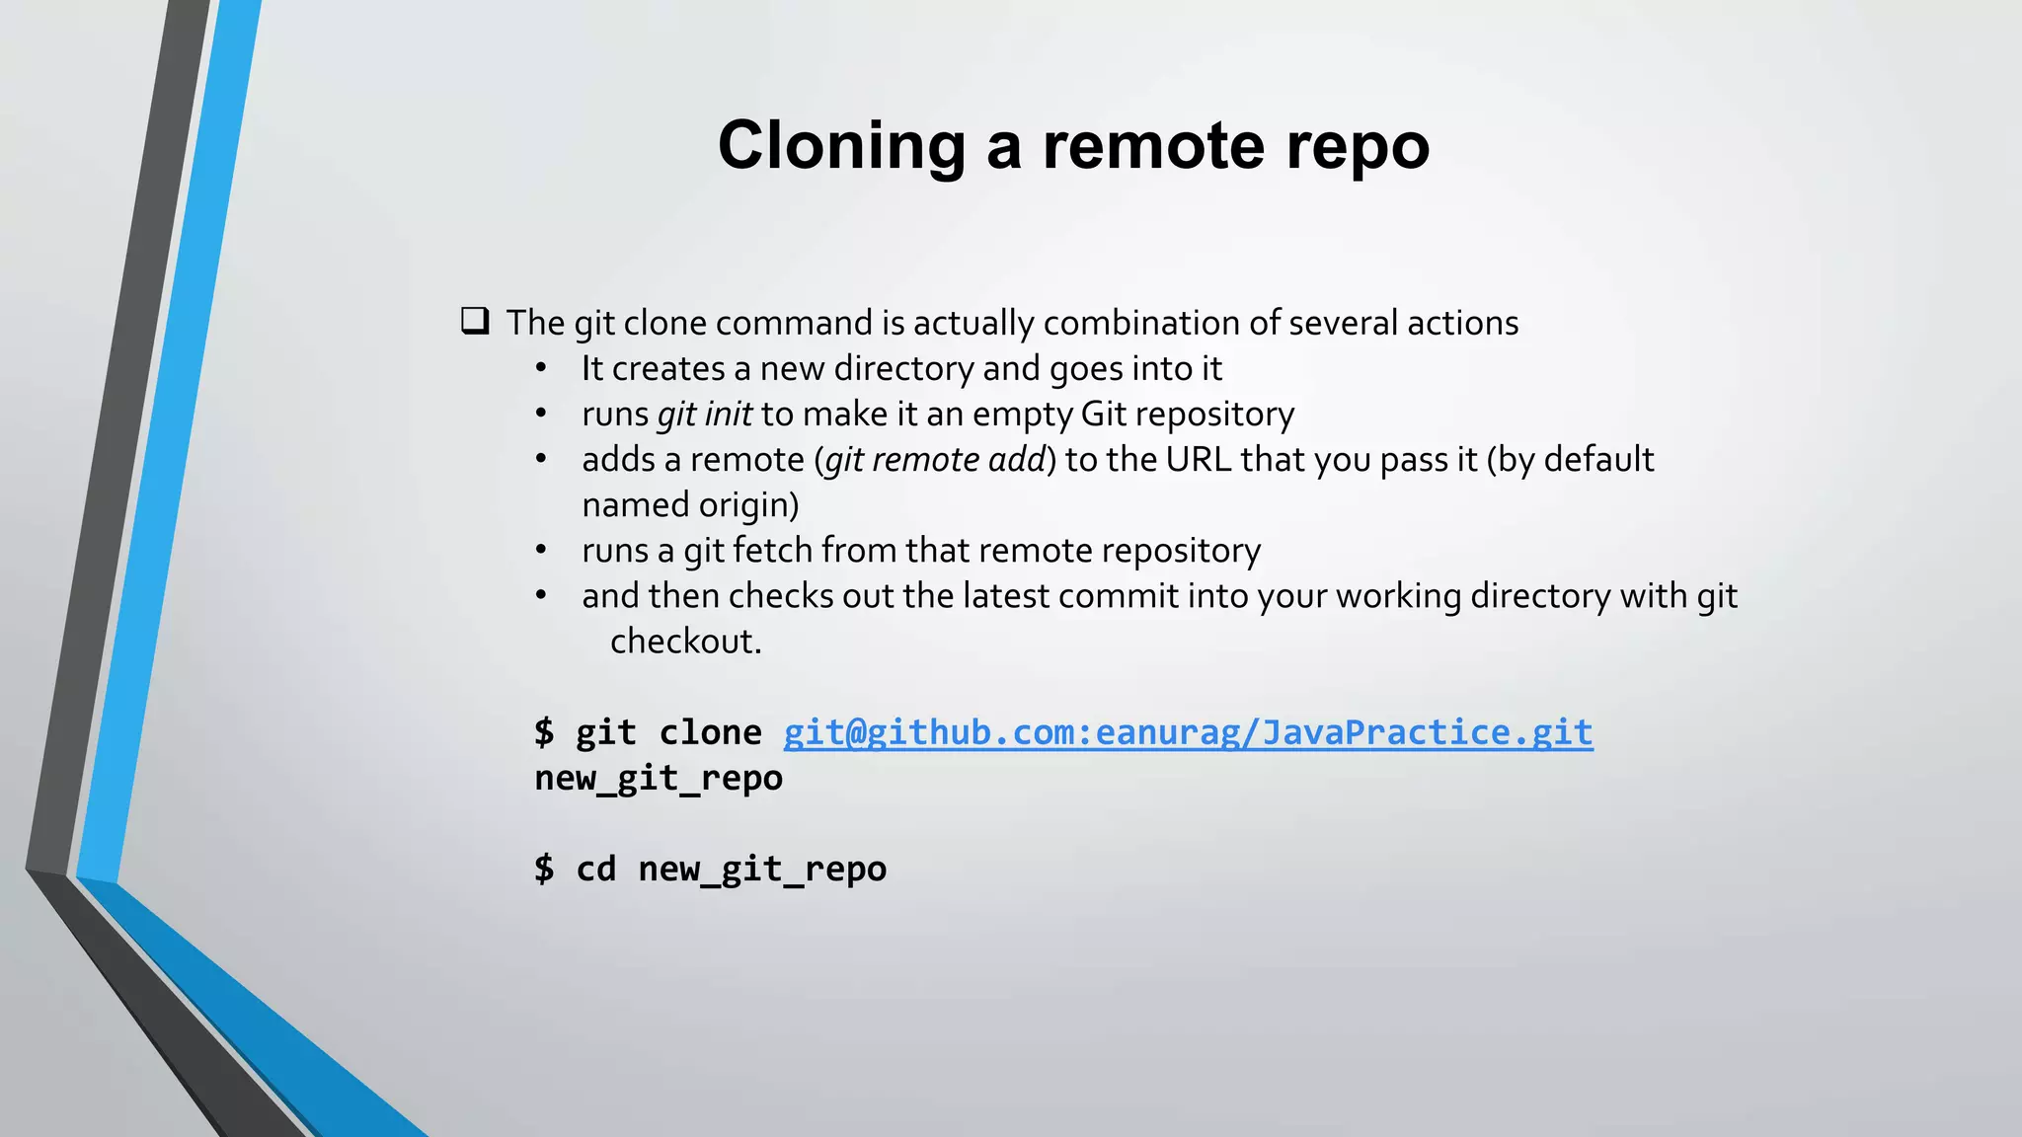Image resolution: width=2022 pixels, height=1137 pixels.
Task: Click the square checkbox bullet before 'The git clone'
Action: (x=475, y=321)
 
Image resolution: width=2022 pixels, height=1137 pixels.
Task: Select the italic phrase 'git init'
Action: (x=704, y=414)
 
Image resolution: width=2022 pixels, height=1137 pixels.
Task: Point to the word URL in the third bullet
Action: (x=1199, y=459)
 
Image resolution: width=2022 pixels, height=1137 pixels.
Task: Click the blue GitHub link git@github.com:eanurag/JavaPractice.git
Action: (x=1188, y=732)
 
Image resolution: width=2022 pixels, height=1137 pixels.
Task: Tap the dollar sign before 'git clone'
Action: (x=544, y=732)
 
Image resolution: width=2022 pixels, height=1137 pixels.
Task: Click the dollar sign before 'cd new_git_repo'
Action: (x=544, y=869)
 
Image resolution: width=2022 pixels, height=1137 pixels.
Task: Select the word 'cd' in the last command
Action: (x=596, y=869)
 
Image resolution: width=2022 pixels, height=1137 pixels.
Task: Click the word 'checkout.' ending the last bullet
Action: (x=686, y=642)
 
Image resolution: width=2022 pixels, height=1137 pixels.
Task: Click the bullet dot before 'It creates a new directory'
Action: (x=541, y=369)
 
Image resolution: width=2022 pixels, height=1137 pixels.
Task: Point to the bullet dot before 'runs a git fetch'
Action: (x=541, y=551)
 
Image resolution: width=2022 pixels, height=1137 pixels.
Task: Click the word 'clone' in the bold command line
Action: (x=710, y=732)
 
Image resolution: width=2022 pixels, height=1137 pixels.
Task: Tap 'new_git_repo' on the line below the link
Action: (x=659, y=778)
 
